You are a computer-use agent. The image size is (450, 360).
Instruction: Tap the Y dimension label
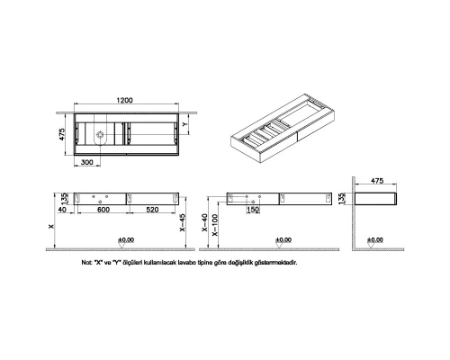[x=186, y=125]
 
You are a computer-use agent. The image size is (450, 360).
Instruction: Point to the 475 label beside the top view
[x=57, y=136]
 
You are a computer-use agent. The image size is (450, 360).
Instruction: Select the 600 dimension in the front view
[x=103, y=208]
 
